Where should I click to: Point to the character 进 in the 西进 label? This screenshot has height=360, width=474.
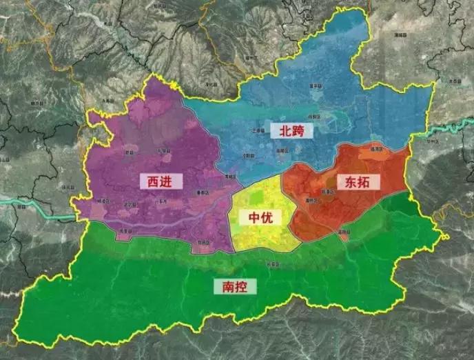pos(172,181)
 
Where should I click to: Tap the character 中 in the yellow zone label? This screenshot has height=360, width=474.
pos(255,218)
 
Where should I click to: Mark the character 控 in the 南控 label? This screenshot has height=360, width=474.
pos(240,286)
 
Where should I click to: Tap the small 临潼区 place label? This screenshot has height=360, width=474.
pos(375,148)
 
